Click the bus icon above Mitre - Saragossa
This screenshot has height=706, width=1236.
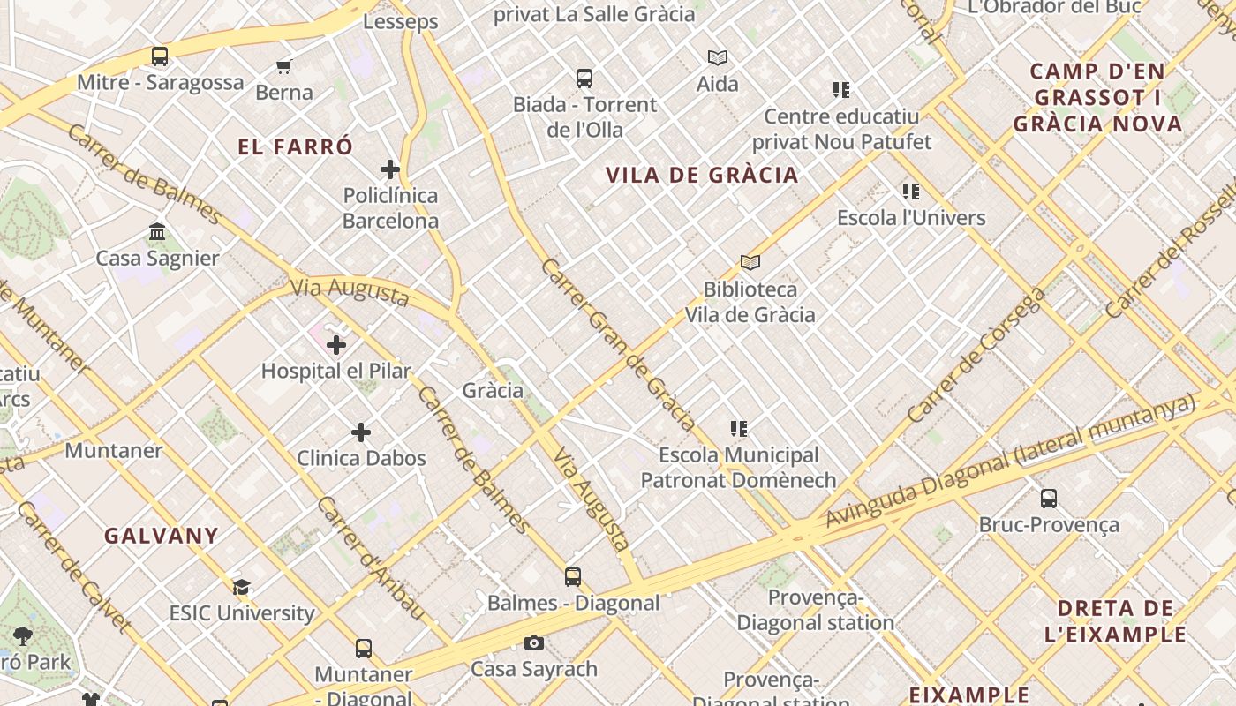pos(160,56)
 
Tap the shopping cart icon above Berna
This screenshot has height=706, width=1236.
pos(284,66)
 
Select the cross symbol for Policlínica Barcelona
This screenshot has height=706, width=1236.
pos(390,169)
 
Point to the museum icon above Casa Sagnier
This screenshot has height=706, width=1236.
pos(157,232)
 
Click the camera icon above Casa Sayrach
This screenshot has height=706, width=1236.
pos(534,642)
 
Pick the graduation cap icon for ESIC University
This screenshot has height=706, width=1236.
pos(242,587)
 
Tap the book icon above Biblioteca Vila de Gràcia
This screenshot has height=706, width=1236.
pos(750,262)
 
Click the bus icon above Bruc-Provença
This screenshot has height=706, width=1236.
pos(1049,499)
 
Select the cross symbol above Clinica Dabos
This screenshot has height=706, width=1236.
pos(361,432)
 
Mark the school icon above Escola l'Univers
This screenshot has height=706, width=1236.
pos(911,192)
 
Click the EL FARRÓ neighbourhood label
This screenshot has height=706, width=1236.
pos(296,146)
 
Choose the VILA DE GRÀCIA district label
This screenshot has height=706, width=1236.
pos(703,175)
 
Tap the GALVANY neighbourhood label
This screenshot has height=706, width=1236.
pos(162,536)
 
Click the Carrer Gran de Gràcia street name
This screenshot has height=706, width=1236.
pos(617,343)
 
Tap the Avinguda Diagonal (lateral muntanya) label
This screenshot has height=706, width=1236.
pos(1010,462)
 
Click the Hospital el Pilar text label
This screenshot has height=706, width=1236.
pos(336,371)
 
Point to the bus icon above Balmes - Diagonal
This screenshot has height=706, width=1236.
pos(573,577)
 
